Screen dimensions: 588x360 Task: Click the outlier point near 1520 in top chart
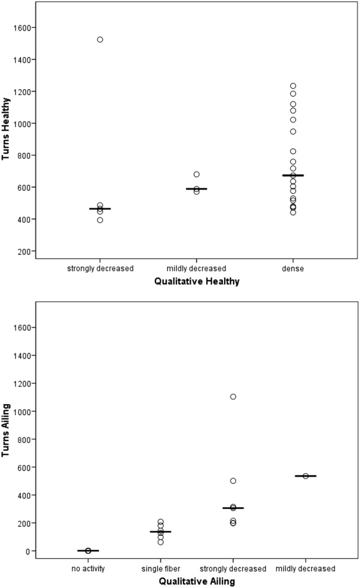click(100, 40)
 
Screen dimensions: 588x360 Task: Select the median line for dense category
click(293, 176)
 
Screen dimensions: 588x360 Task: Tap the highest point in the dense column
click(293, 86)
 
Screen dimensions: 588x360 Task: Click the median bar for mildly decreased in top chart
click(197, 189)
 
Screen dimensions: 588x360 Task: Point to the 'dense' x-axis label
click(293, 269)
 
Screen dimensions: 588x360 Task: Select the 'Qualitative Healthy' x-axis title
click(197, 281)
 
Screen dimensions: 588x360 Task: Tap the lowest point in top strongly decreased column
click(100, 220)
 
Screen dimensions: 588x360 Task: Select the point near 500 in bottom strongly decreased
click(233, 480)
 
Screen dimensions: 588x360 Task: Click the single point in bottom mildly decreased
click(305, 476)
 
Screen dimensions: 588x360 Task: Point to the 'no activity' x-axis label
click(88, 568)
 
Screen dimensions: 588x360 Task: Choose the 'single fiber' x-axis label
click(160, 568)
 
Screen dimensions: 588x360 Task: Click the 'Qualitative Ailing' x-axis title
click(197, 581)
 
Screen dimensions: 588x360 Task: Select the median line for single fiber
click(160, 532)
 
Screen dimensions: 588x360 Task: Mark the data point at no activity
click(88, 551)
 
